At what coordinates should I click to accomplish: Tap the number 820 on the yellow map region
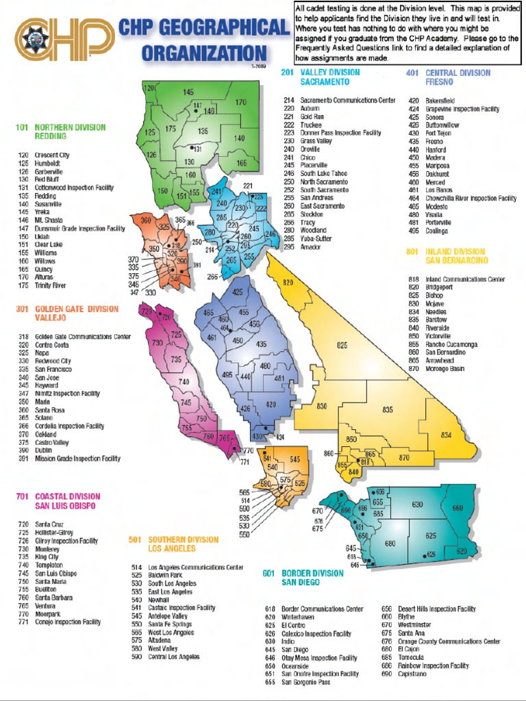click(x=287, y=283)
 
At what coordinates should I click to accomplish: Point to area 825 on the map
click(x=342, y=347)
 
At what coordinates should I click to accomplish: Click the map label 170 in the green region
click(x=240, y=103)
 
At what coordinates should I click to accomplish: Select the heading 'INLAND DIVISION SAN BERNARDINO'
click(x=455, y=256)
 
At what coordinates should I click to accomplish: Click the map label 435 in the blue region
click(x=261, y=344)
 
